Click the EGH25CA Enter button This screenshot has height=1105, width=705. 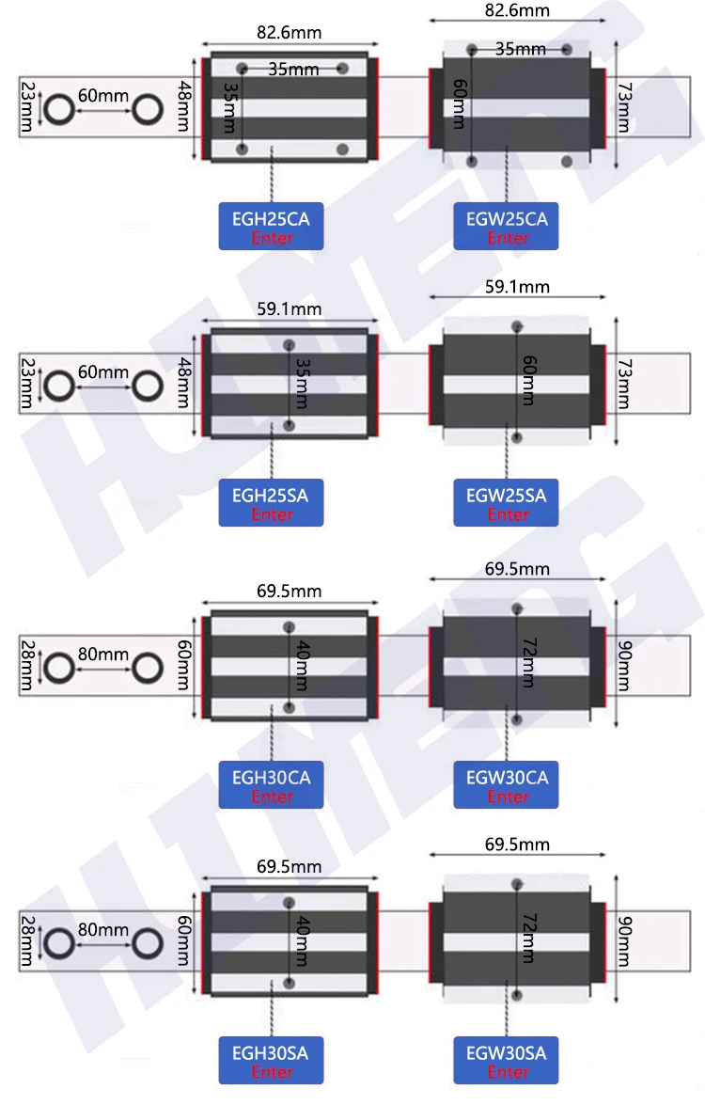(x=271, y=227)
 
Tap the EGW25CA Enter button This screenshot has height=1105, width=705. (x=507, y=227)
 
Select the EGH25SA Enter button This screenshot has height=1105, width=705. (x=271, y=502)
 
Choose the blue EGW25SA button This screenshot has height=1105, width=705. (x=507, y=502)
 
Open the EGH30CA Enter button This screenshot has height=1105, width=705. (x=271, y=784)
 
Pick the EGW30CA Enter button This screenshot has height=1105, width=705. (x=507, y=784)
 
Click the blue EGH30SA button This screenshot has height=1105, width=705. (x=271, y=1060)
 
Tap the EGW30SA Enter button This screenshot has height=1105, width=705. (x=507, y=1060)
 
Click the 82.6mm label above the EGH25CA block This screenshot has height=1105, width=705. (x=289, y=32)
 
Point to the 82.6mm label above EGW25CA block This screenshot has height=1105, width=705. (x=517, y=10)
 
